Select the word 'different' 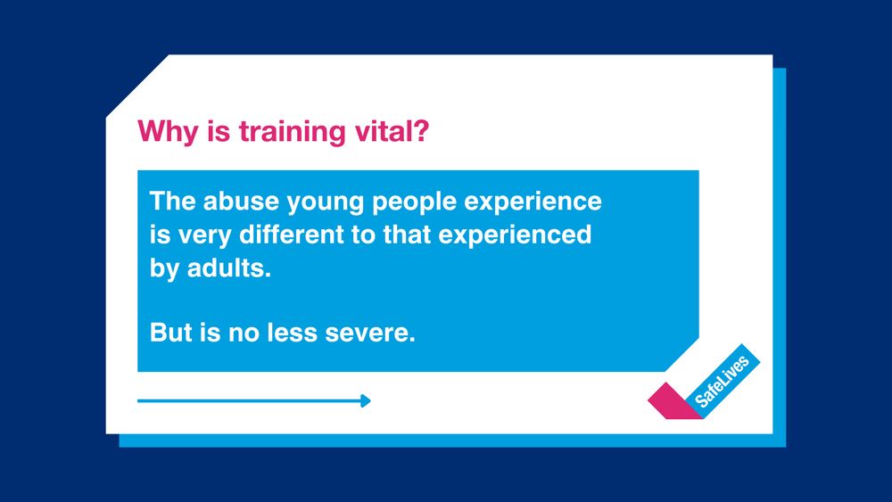pos(291,235)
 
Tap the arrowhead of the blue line pos(365,401)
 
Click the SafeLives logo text pos(723,381)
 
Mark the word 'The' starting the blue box pos(172,202)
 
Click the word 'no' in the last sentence pos(253,334)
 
